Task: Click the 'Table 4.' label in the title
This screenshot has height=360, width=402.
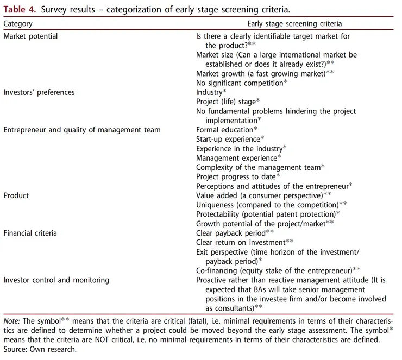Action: pyautogui.click(x=20, y=9)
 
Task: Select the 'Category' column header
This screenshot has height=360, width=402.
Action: pyautogui.click(x=18, y=24)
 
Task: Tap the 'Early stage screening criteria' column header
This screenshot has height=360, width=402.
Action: pyautogui.click(x=294, y=24)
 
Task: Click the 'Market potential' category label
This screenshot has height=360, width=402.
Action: pyautogui.click(x=30, y=36)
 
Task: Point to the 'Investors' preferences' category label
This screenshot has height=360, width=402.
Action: pyautogui.click(x=39, y=92)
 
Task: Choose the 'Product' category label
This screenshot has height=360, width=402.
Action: pyautogui.click(x=16, y=195)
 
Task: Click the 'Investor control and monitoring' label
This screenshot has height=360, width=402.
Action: pyautogui.click(x=56, y=280)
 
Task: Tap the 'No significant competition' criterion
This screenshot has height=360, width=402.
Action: pyautogui.click(x=240, y=83)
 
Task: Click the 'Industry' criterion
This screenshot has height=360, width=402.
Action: pyautogui.click(x=209, y=92)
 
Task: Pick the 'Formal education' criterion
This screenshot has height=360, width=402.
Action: pyautogui.click(x=225, y=130)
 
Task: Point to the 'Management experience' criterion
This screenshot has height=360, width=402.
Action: pyautogui.click(x=236, y=158)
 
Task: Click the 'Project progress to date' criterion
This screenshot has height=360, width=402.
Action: pyautogui.click(x=236, y=176)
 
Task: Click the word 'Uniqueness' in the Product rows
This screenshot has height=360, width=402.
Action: pyautogui.click(x=215, y=205)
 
